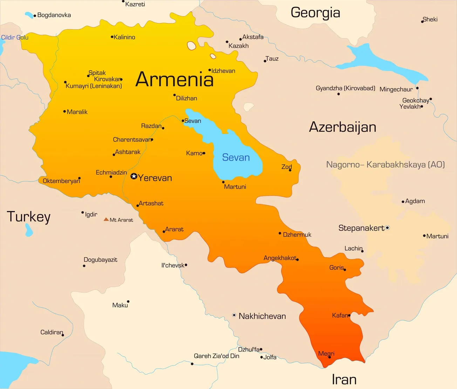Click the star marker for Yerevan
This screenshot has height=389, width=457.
click(134, 176)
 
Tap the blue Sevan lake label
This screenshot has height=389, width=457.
click(236, 158)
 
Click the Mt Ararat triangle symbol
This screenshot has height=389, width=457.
click(106, 220)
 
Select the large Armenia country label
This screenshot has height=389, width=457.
click(174, 79)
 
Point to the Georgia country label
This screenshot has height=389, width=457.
click(315, 13)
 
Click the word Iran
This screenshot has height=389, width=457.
click(344, 380)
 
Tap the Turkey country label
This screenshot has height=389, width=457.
click(29, 217)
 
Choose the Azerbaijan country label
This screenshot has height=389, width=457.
click(342, 127)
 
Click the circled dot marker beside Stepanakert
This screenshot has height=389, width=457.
click(388, 228)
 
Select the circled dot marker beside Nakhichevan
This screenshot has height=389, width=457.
click(234, 315)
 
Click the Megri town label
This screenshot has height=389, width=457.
click(326, 353)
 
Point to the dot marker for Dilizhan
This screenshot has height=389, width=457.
click(175, 95)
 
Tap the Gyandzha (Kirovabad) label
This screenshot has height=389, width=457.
click(345, 88)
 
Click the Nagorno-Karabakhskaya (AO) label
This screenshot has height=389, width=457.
click(385, 165)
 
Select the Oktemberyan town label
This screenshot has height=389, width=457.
click(61, 181)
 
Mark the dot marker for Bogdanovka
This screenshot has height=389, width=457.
click(35, 16)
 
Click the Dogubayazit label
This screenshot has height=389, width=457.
click(100, 260)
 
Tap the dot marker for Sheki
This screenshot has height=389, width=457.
click(422, 22)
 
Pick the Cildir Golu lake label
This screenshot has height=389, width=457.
click(14, 37)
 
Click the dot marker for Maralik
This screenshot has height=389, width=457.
click(64, 112)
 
